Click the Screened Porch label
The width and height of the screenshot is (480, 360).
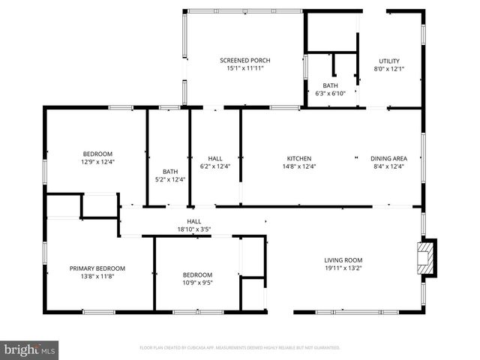pyautogui.click(x=244, y=61)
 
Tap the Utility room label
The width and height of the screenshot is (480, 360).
pyautogui.click(x=388, y=61)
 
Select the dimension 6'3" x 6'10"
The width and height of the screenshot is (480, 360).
pyautogui.click(x=330, y=93)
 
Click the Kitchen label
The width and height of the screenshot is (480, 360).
pyautogui.click(x=299, y=158)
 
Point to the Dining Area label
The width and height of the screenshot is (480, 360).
pyautogui.click(x=388, y=158)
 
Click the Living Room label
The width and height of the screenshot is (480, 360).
pyautogui.click(x=343, y=260)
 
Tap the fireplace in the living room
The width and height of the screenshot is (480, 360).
pyautogui.click(x=427, y=257)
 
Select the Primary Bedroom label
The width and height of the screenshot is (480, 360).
pyautogui.click(x=97, y=268)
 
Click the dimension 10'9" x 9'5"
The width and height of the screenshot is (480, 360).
pyautogui.click(x=197, y=283)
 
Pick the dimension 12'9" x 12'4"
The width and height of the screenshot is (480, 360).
pyautogui.click(x=97, y=161)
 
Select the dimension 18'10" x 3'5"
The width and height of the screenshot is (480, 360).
pyautogui.click(x=194, y=229)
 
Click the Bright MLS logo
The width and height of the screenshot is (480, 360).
pyautogui.click(x=30, y=349)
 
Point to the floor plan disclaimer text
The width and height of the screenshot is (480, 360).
pyautogui.click(x=240, y=348)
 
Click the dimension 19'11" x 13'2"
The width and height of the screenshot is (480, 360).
pyautogui.click(x=343, y=268)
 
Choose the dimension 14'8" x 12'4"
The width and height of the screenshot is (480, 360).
pyautogui.click(x=299, y=166)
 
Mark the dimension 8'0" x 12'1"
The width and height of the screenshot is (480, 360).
pyautogui.click(x=388, y=69)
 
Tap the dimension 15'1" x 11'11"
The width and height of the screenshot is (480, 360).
pyautogui.click(x=244, y=68)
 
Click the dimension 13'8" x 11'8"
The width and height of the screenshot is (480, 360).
pyautogui.click(x=97, y=275)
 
